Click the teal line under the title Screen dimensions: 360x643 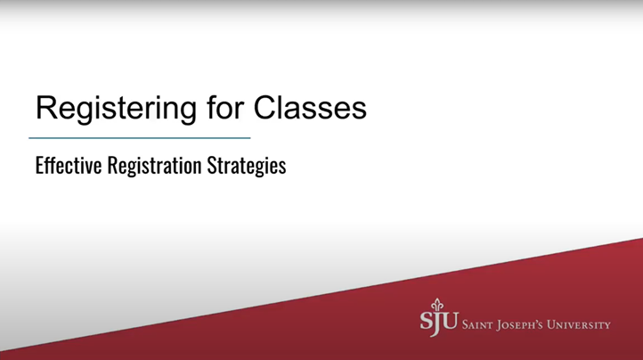point(140,138)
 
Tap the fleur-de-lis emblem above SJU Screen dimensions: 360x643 point(436,305)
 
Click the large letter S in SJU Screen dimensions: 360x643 point(427,323)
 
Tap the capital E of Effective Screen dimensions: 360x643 point(39,166)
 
